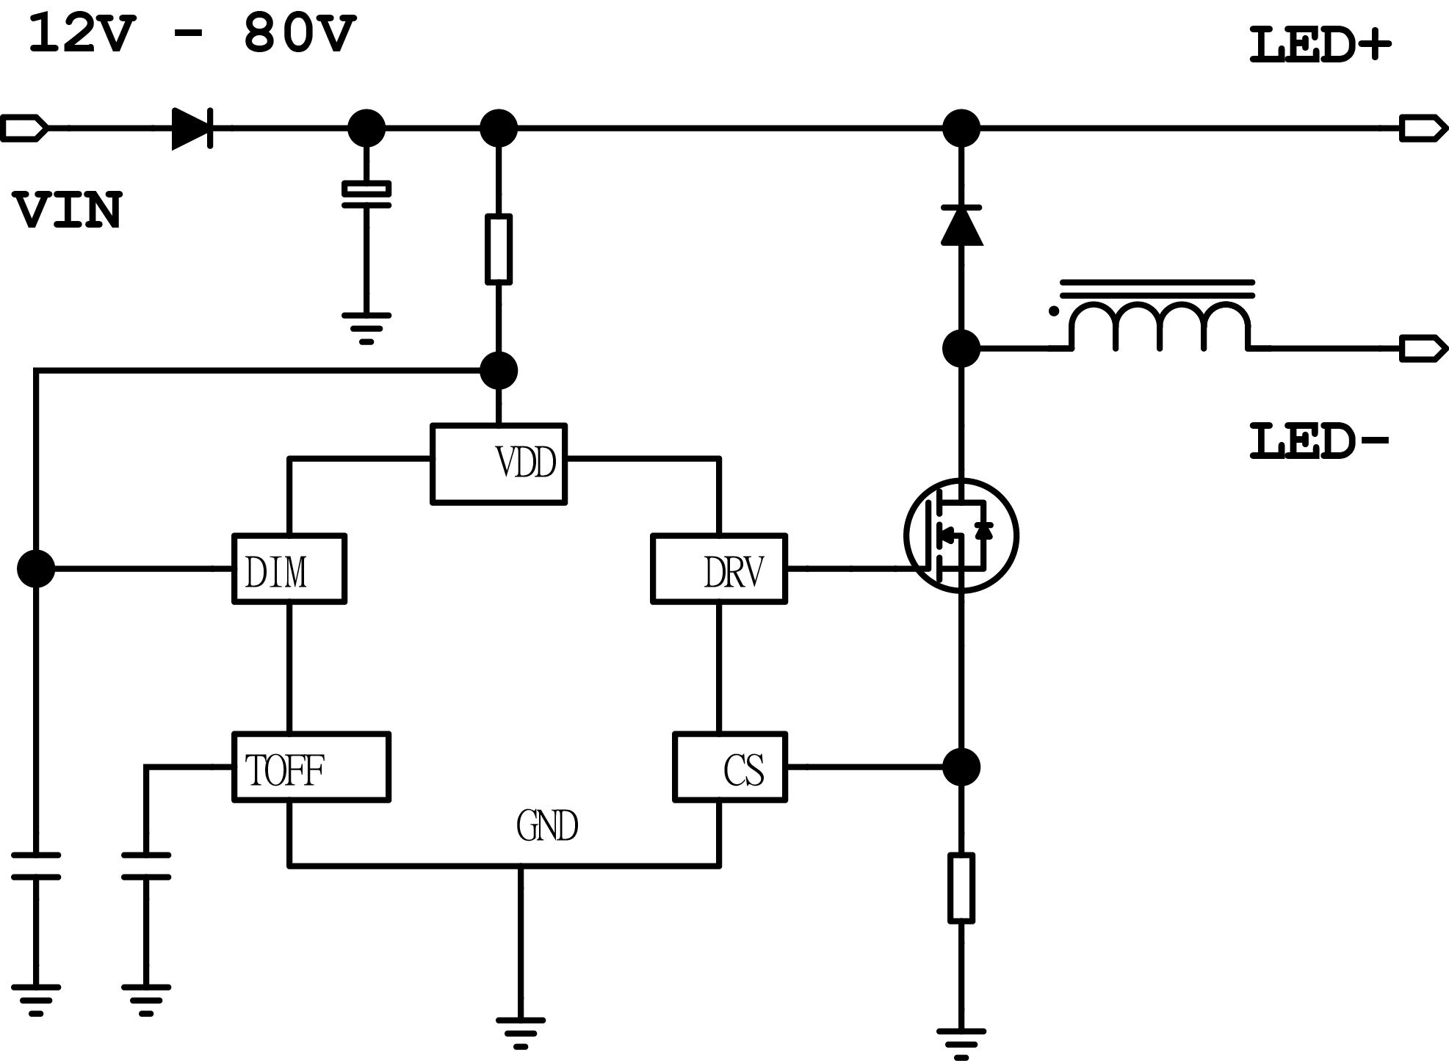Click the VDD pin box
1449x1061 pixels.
pyautogui.click(x=498, y=463)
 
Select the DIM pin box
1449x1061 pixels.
pyautogui.click(x=289, y=569)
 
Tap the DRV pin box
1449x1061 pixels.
pyautogui.click(x=718, y=569)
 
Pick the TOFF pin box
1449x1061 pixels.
pyautogui.click(x=311, y=767)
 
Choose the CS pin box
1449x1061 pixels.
pyautogui.click(x=729, y=767)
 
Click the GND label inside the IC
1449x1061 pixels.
pyautogui.click(x=547, y=826)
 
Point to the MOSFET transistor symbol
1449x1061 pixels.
pyautogui.click(x=961, y=536)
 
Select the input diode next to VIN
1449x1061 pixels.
pyautogui.click(x=192, y=128)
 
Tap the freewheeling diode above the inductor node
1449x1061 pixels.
pyautogui.click(x=961, y=225)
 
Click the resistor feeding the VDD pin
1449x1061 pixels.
pyautogui.click(x=499, y=250)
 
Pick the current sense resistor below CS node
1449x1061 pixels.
pyautogui.click(x=961, y=888)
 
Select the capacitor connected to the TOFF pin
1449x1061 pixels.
pyautogui.click(x=145, y=866)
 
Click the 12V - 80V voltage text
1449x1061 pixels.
pyautogui.click(x=192, y=35)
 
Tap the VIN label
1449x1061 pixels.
pyautogui.click(x=68, y=211)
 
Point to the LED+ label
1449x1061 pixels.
pyautogui.click(x=1320, y=46)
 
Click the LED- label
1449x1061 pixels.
pyautogui.click(x=1320, y=443)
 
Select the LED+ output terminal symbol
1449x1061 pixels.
pyautogui.click(x=1423, y=128)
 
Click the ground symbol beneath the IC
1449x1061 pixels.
pyautogui.click(x=520, y=1031)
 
